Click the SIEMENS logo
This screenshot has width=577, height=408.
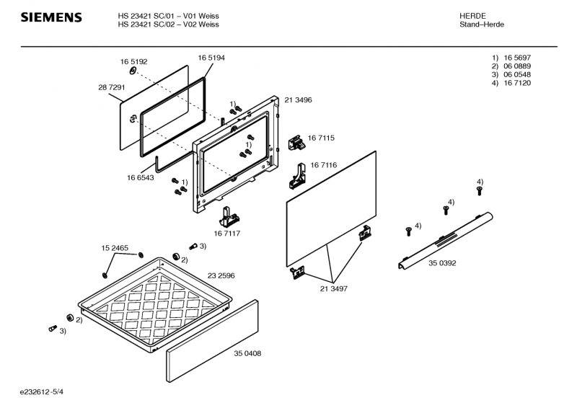click(x=51, y=17)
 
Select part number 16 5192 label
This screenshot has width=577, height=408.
click(x=133, y=62)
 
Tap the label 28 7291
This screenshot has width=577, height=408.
click(x=112, y=87)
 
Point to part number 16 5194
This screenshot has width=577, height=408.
click(x=211, y=58)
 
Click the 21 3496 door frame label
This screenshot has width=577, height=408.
click(x=298, y=100)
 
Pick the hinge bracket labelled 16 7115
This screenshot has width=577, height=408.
click(x=296, y=142)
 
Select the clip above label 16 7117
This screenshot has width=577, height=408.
click(x=229, y=217)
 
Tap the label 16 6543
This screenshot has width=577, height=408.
click(x=140, y=178)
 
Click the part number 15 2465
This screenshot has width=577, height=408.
click(x=115, y=248)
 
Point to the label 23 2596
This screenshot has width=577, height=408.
click(x=221, y=276)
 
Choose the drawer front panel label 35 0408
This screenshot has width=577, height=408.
click(x=247, y=353)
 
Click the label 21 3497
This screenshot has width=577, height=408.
click(x=333, y=289)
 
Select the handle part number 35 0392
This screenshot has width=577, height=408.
click(x=442, y=263)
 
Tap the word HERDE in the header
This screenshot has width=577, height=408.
click(x=472, y=16)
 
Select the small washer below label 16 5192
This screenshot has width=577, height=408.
click(x=133, y=71)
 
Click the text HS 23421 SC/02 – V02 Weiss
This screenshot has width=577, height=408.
click(x=168, y=25)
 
